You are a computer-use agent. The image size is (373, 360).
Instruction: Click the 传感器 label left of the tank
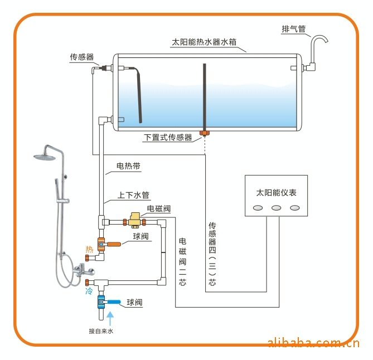coord(81,57)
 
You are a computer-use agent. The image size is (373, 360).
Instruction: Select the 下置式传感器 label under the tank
coord(168,137)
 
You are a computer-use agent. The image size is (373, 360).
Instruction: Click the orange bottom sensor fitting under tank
coord(206,133)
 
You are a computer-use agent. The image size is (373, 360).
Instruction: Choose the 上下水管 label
coord(133,195)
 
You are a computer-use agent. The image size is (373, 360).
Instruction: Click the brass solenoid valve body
coord(134,220)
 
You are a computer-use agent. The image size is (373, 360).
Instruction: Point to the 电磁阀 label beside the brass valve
coord(158,209)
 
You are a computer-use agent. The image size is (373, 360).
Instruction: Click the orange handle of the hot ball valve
coord(115,244)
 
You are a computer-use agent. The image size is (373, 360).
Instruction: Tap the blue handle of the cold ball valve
coord(113,302)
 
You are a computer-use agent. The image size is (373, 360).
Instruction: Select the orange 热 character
coord(89,249)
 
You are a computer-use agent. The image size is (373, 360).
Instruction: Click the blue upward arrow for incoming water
coord(110,318)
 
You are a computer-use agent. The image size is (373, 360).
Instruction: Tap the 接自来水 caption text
coord(101,331)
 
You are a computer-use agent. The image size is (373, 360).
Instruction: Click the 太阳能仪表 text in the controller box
coord(276,193)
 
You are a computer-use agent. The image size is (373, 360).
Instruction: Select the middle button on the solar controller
coord(276,208)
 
